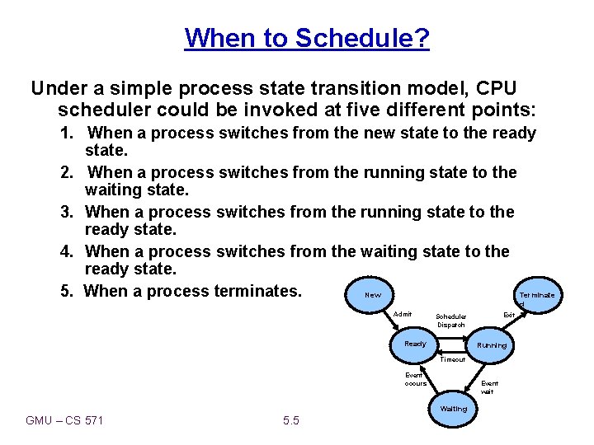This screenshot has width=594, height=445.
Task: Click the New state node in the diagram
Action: [x=373, y=294]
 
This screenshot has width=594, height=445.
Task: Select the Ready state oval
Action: [x=416, y=344]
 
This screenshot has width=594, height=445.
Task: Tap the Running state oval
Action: [x=492, y=345]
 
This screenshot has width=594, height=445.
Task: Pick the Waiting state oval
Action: [x=453, y=409]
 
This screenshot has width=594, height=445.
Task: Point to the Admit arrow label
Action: [x=403, y=314]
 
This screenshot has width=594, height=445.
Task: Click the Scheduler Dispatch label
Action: [x=451, y=321]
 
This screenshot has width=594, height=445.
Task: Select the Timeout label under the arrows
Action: [x=452, y=359]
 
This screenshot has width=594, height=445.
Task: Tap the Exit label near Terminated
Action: [x=509, y=314]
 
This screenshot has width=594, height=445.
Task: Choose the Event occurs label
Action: [x=416, y=379]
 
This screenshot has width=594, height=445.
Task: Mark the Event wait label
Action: [x=489, y=387]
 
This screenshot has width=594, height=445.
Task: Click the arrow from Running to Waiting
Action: [x=477, y=377]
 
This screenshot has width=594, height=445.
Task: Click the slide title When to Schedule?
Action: [x=307, y=38]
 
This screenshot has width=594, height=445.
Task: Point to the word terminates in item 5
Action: [x=261, y=291]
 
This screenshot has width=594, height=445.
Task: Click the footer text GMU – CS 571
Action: [x=64, y=421]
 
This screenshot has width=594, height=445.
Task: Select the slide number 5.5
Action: [x=291, y=421]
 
